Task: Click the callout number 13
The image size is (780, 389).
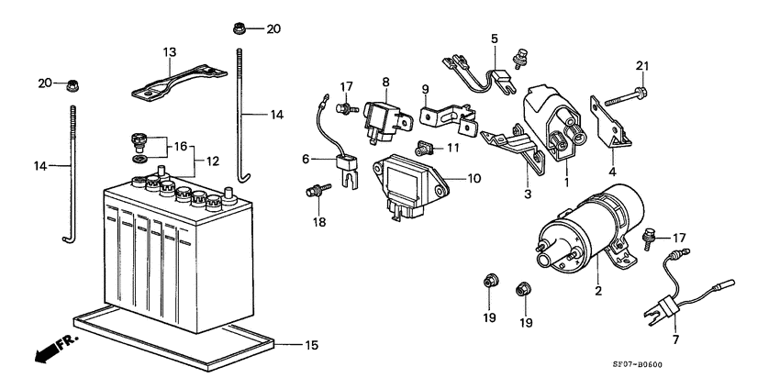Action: click(x=169, y=51)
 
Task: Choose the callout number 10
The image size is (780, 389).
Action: click(x=474, y=179)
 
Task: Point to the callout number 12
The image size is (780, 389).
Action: click(x=212, y=161)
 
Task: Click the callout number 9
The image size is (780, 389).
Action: click(x=426, y=89)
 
